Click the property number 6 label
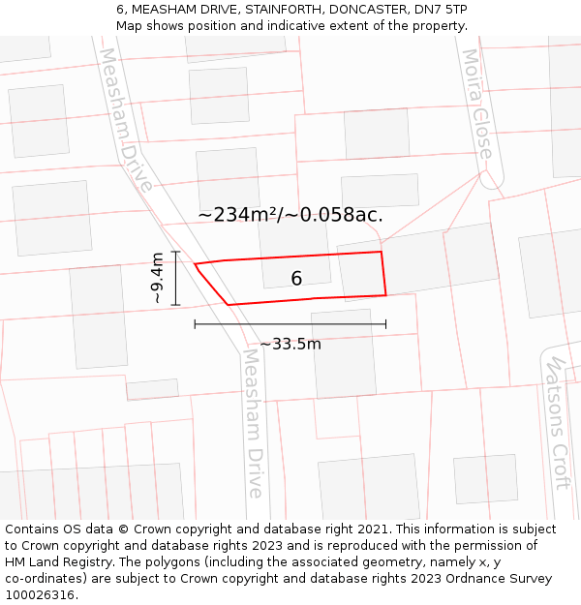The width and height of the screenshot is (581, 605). click(x=296, y=279)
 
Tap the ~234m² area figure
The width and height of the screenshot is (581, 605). click(x=239, y=215)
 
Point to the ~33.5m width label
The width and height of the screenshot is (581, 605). click(x=290, y=344)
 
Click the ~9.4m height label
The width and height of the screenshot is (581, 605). click(x=158, y=279)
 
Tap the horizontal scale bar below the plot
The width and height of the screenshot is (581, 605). click(x=290, y=324)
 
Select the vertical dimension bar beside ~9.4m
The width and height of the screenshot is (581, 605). click(x=175, y=279)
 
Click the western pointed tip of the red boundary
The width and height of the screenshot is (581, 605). click(x=196, y=264)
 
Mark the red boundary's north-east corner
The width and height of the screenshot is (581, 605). click(x=381, y=252)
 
